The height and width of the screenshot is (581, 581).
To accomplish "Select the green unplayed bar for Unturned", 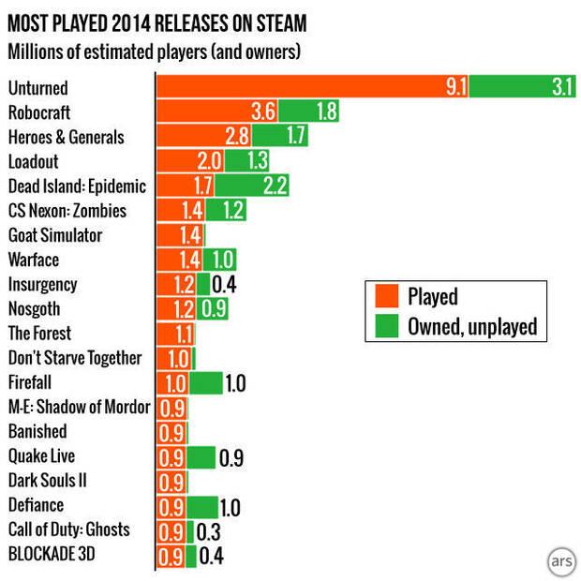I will (x=522, y=87).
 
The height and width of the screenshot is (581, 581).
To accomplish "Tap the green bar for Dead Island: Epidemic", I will (x=252, y=186).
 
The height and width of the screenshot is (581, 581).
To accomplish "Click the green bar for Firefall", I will (x=206, y=382).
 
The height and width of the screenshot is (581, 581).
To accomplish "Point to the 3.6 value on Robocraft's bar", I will (x=263, y=112).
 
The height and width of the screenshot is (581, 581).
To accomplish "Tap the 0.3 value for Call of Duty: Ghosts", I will (x=208, y=530).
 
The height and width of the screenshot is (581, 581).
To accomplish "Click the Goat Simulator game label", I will (x=54, y=235).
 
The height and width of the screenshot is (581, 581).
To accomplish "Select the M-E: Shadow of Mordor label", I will (x=79, y=407).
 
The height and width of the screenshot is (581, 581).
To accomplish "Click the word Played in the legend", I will (x=432, y=297).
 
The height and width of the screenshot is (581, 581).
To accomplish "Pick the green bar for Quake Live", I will (x=201, y=457).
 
